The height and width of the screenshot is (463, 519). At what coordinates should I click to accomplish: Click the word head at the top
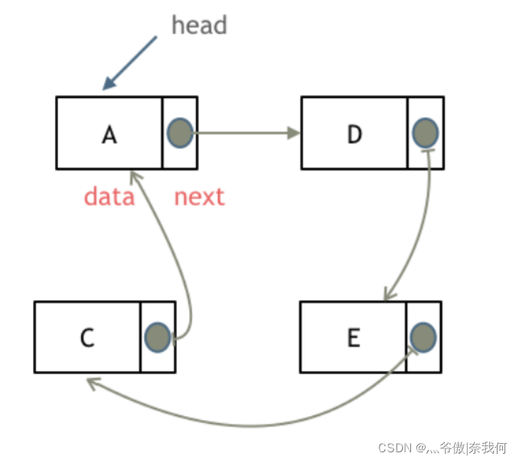[199, 25]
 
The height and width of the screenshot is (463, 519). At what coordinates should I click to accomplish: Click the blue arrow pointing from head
[130, 63]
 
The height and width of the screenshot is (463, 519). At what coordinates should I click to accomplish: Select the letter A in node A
[109, 134]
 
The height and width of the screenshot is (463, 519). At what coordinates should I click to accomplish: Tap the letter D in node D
[354, 134]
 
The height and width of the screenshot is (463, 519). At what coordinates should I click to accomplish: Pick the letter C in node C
[87, 338]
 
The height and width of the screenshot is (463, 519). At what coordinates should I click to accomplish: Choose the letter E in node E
[353, 338]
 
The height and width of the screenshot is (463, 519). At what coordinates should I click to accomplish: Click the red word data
[109, 197]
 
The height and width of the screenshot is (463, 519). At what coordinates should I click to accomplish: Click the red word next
[199, 197]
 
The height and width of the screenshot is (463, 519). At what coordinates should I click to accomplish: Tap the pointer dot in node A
[179, 133]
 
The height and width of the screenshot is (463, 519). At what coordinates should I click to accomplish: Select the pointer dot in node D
[425, 133]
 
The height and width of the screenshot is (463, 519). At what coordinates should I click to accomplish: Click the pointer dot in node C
[157, 337]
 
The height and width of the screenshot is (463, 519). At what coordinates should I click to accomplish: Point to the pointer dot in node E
[423, 337]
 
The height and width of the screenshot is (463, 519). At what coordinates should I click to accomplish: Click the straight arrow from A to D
[245, 133]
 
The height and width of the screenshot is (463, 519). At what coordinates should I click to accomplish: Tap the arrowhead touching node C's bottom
[92, 383]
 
